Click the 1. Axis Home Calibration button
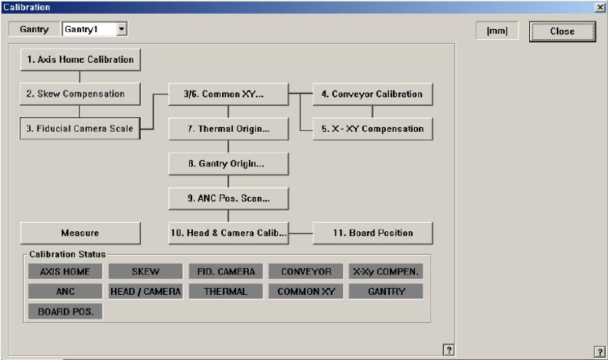coord(80,59)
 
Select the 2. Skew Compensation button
coord(80,93)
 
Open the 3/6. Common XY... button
coord(228,94)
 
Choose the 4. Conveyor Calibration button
coord(372,94)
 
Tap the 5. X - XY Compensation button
coord(372,129)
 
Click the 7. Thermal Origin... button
coord(228,129)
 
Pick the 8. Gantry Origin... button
coord(228,164)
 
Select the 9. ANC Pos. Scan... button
coord(228,198)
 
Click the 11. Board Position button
coord(372,233)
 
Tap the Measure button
coord(80,233)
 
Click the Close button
coord(562,31)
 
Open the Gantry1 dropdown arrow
coord(121,29)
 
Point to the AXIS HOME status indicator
coord(65,271)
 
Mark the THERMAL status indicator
coord(226,291)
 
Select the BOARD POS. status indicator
coord(65,312)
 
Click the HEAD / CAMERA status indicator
coord(145,291)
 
